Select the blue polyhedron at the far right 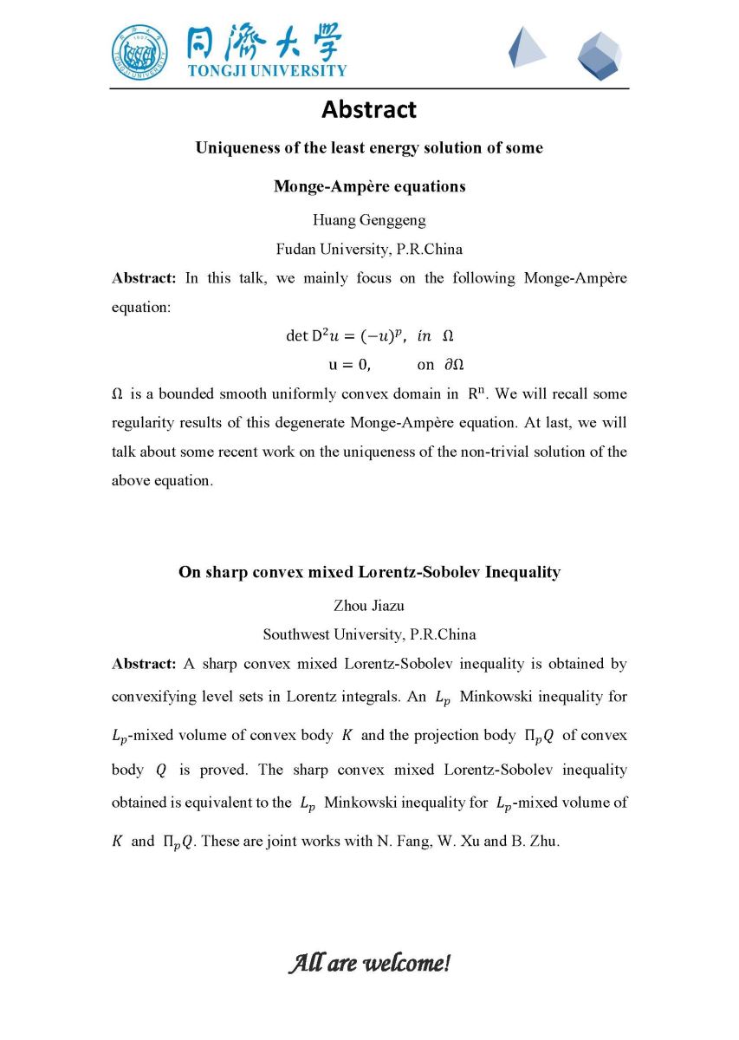600,55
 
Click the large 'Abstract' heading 369,110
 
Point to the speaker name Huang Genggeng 369,220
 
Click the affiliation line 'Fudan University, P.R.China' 369,250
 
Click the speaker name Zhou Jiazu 369,605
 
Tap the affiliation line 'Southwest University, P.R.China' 369,634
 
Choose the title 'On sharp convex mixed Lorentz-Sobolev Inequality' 369,572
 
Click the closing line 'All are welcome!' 369,963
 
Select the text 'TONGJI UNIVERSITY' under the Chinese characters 267,71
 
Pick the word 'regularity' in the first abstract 144,423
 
